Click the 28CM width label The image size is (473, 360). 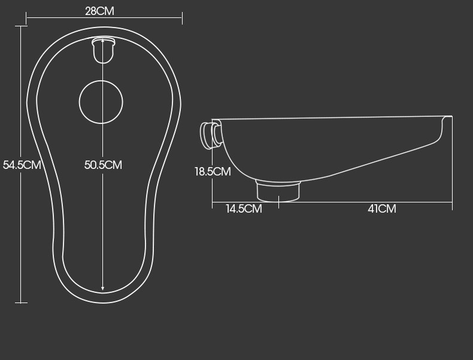tap(99, 11)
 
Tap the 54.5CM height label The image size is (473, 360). tap(22, 165)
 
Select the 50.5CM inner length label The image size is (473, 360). tap(103, 165)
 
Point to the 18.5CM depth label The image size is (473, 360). tap(213, 171)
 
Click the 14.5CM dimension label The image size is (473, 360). tap(244, 209)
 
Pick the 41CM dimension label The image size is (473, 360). tap(381, 209)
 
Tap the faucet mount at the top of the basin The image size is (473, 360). tap(104, 50)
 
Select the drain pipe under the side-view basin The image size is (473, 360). tap(278, 190)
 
